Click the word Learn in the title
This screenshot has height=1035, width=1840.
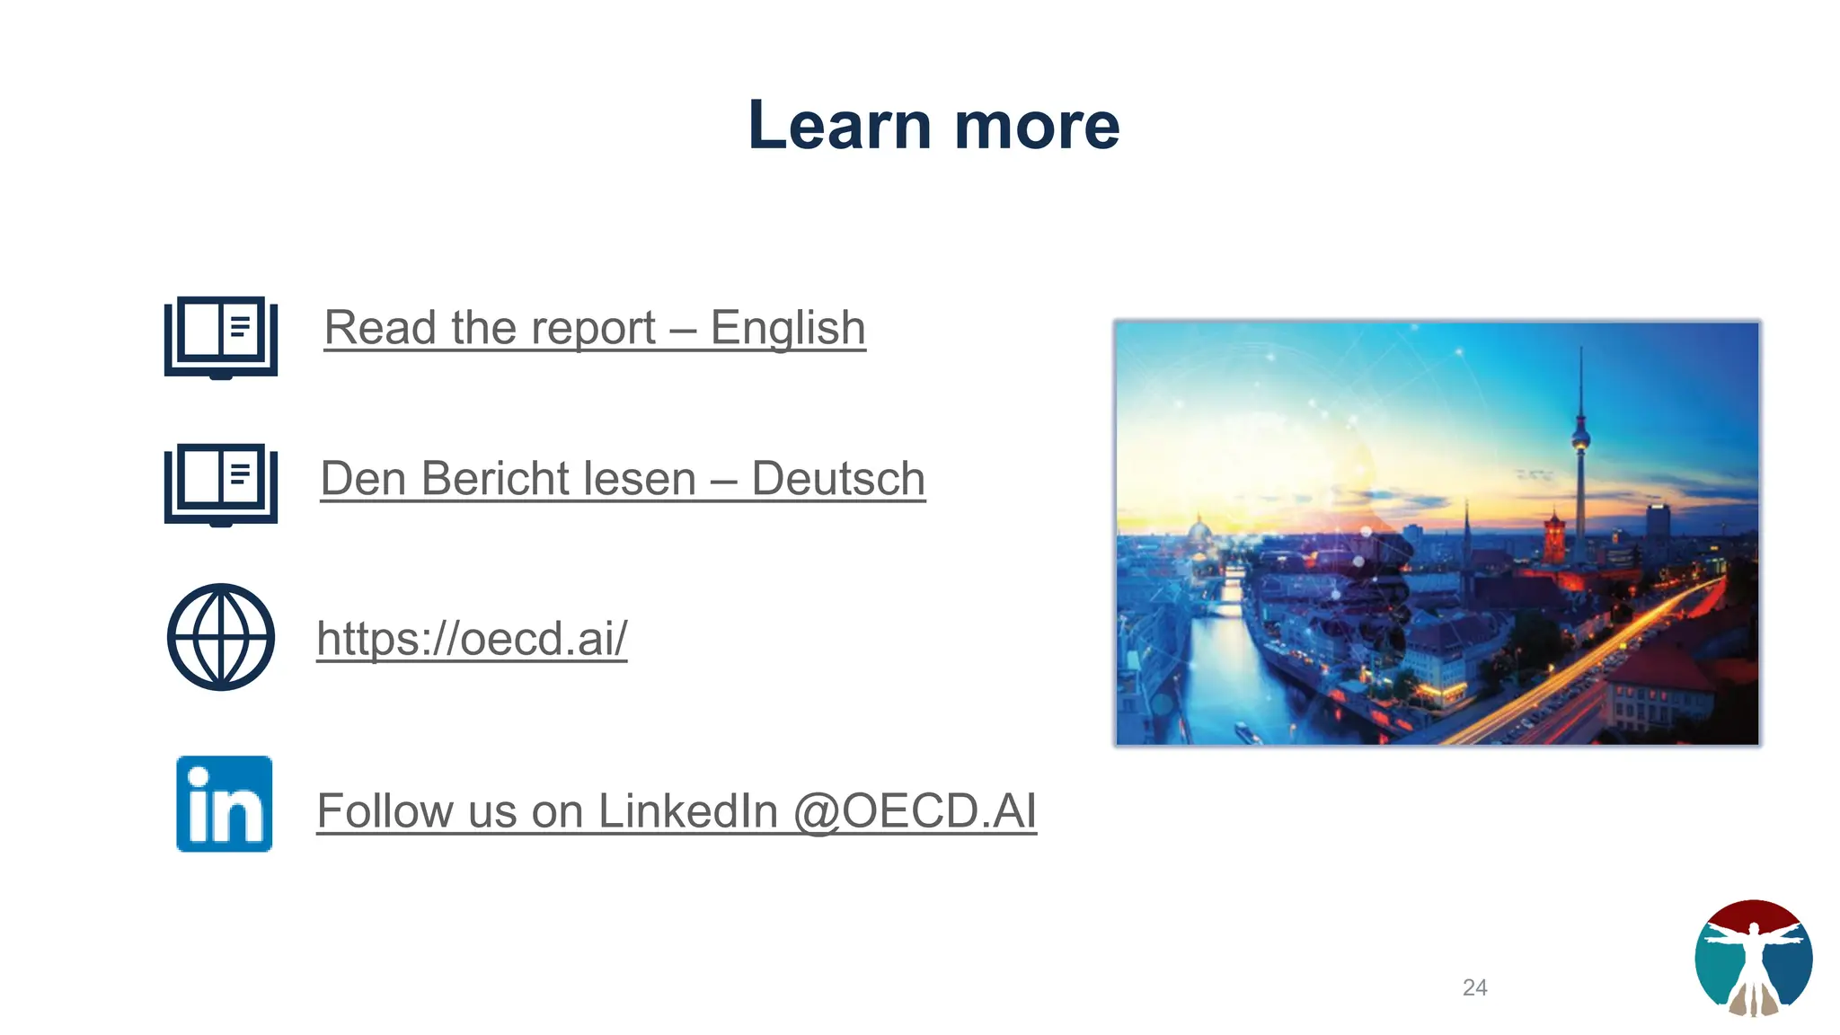[x=839, y=125]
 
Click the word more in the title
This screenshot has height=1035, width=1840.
[x=1037, y=125]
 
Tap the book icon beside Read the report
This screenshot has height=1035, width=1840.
[x=221, y=337]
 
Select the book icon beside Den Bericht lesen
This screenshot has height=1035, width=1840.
[x=221, y=483]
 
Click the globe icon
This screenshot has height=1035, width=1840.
[x=221, y=637]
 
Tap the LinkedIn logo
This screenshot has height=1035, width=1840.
[x=225, y=804]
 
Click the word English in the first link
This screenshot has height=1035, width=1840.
[x=788, y=328]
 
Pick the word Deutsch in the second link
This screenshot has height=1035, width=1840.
[x=838, y=479]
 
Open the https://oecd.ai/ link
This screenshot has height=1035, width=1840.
[x=472, y=639]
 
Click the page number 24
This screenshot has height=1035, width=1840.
[x=1474, y=987]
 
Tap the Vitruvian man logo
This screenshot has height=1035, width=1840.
[x=1753, y=958]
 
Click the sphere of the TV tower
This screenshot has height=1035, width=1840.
[x=1580, y=439]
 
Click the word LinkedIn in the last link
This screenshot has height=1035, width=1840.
[x=687, y=811]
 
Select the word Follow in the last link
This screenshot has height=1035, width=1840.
[x=385, y=811]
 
